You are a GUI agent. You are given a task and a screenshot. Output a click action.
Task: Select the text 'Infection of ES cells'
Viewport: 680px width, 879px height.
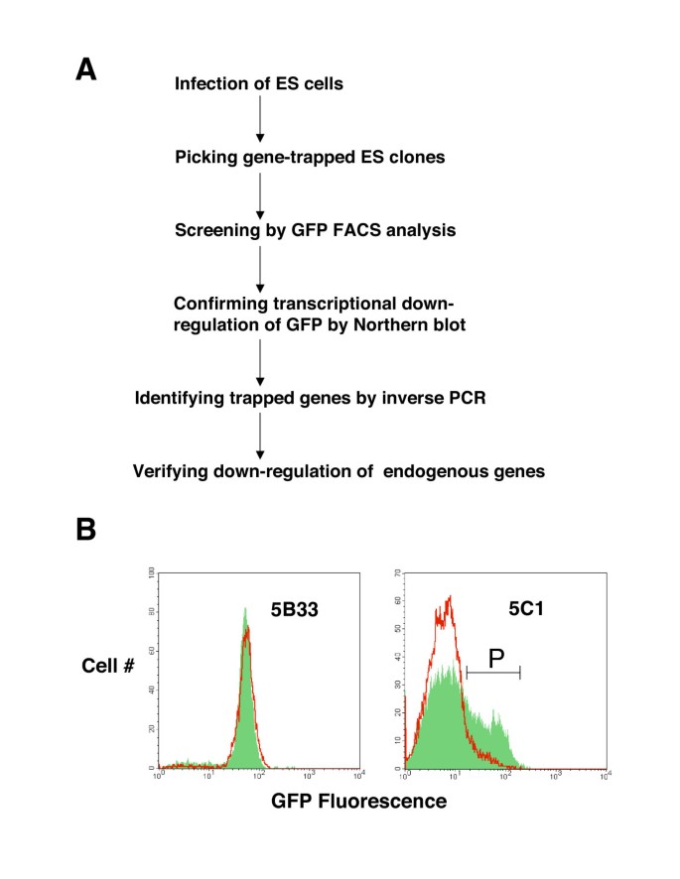tap(258, 83)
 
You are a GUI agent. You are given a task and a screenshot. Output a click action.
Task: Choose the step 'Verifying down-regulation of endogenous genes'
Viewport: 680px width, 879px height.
tap(339, 471)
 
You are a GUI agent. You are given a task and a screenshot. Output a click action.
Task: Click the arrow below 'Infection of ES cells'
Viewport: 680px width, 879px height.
tap(259, 119)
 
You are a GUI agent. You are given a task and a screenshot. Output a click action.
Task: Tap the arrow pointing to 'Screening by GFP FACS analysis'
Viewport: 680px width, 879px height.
tap(259, 192)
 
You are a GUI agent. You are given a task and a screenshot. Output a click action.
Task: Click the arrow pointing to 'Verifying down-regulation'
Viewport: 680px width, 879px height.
tap(259, 435)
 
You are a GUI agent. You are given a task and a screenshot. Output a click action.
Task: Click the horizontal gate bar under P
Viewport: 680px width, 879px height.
tap(492, 674)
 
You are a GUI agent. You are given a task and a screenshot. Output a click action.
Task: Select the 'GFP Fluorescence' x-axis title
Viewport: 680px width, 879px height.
tap(358, 800)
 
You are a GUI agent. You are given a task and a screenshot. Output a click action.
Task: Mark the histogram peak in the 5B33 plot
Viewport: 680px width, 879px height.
tap(244, 610)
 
